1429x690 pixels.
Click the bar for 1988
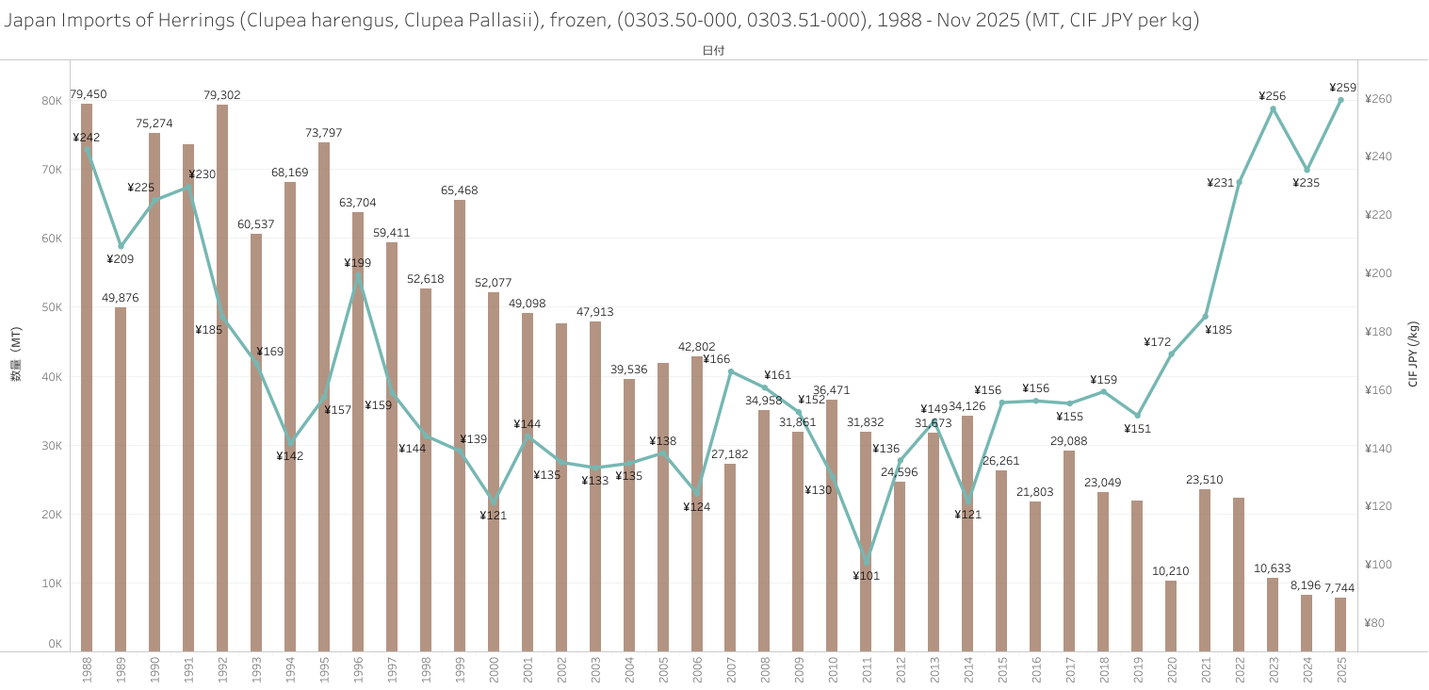pos(87,377)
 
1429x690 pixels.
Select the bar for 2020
pos(1171,616)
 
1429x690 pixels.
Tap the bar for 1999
pos(460,424)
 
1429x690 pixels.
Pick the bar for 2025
pos(1340,624)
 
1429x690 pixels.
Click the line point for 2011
pos(867,559)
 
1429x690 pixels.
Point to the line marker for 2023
pos(1273,109)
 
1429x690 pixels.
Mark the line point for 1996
pos(358,276)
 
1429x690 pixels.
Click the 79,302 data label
pos(222,95)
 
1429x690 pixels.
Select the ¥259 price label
pos(1342,87)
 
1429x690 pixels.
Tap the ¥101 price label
pos(866,576)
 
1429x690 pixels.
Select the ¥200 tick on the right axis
pos(1378,273)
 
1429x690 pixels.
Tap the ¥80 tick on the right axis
pos(1374,623)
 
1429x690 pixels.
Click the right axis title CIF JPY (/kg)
pos(1412,354)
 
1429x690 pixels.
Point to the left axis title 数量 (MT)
pos(16,354)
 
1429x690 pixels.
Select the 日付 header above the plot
pos(713,51)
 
